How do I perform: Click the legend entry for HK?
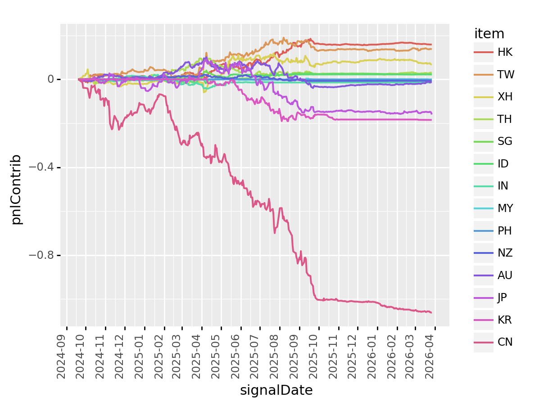tap(505, 52)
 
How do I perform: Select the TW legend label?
tap(506, 75)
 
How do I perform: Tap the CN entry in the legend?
tap(505, 343)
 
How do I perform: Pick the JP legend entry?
tap(504, 298)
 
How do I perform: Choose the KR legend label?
tap(505, 320)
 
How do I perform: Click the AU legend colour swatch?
tap(484, 275)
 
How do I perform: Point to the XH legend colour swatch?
tap(484, 97)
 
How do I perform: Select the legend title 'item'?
tap(489, 34)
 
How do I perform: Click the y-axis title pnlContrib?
tap(16, 189)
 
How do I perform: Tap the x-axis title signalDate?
tap(276, 390)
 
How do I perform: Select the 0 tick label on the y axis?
tap(52, 80)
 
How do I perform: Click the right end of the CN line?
tap(431, 312)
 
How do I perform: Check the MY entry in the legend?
tap(505, 208)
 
